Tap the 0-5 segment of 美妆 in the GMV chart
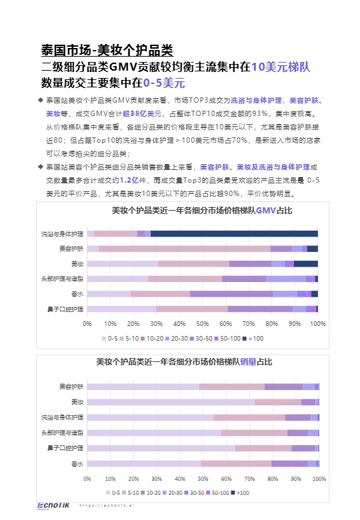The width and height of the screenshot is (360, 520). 122,264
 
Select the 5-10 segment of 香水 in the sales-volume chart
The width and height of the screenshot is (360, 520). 236,463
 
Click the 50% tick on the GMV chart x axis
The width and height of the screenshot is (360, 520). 203,323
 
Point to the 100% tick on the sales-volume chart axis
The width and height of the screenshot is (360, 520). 319,478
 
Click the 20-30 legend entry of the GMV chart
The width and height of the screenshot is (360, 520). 178,338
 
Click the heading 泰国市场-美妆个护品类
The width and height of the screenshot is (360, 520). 107,50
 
